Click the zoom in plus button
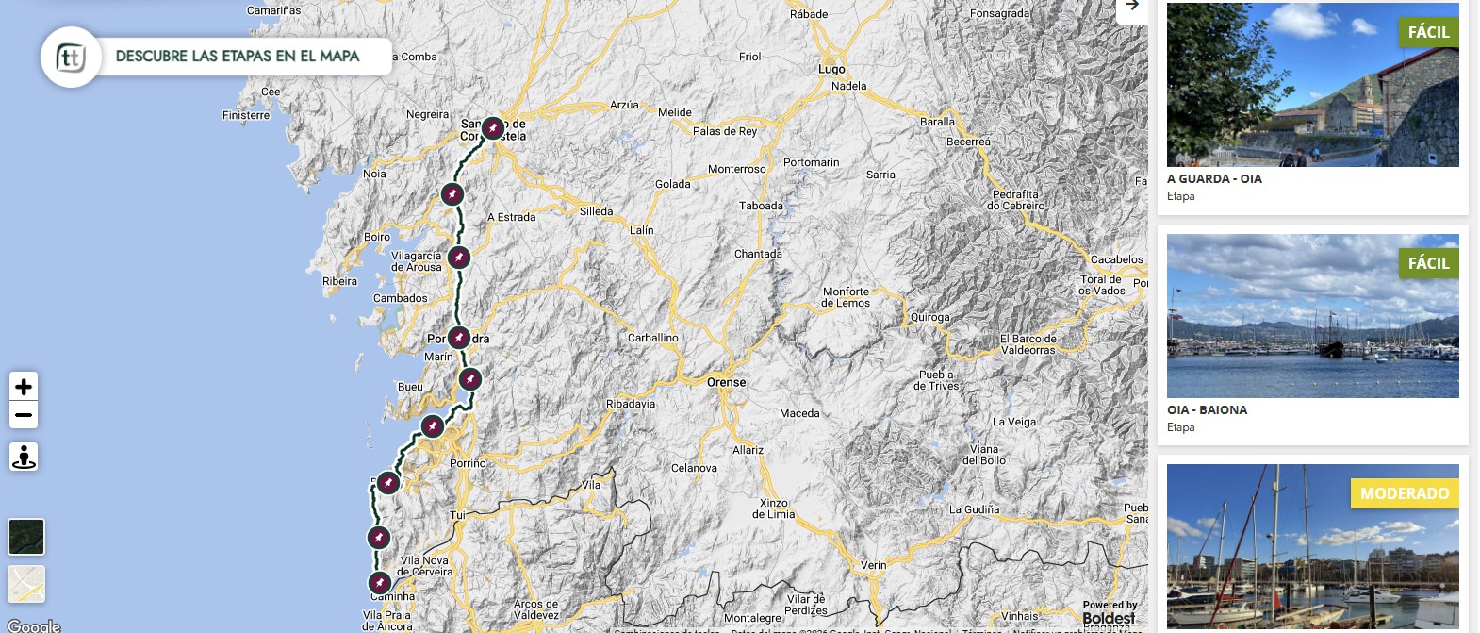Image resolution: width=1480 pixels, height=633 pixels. (24, 387)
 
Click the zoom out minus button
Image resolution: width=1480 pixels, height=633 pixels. (24, 415)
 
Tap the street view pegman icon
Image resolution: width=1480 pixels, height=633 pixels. (24, 457)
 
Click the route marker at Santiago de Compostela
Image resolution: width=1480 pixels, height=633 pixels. (493, 127)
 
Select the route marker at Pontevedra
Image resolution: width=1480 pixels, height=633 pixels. (458, 337)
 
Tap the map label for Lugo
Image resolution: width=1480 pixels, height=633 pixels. (831, 69)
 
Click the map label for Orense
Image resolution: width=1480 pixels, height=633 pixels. (726, 382)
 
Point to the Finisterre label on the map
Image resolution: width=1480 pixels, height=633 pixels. (246, 115)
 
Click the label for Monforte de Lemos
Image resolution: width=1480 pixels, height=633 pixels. (846, 297)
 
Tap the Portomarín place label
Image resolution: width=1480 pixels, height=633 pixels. (811, 162)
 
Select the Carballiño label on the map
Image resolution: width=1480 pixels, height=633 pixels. (652, 338)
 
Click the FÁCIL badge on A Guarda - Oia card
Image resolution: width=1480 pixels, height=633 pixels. (1428, 32)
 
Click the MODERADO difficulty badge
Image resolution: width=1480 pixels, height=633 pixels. (1404, 493)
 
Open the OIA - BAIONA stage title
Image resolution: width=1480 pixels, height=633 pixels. (1207, 410)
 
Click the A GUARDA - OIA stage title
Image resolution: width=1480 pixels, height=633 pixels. (1214, 179)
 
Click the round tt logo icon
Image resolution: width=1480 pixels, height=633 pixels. (71, 58)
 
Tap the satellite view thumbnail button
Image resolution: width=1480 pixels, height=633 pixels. (26, 537)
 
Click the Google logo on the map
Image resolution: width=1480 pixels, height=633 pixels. (34, 625)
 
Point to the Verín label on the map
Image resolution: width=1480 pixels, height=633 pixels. (873, 565)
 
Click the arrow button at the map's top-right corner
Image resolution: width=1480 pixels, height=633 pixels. (1131, 7)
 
